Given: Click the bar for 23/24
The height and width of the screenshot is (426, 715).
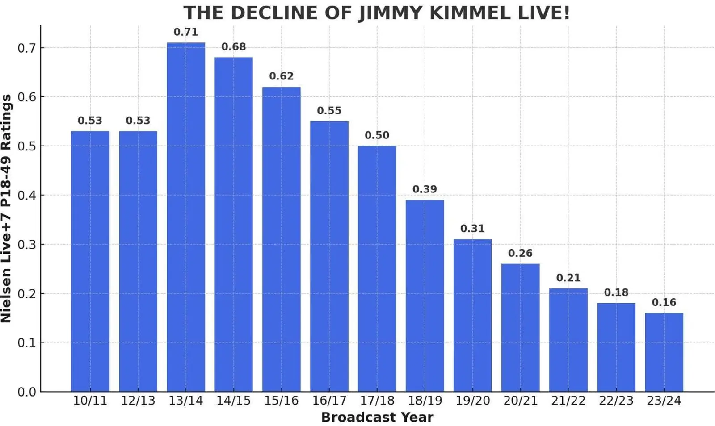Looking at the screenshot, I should click(664, 352).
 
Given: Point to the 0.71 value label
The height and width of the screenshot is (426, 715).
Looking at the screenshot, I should click(186, 32).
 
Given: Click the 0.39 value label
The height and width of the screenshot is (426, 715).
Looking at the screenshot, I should click(425, 189).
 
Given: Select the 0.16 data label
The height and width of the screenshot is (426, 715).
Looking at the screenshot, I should click(664, 302).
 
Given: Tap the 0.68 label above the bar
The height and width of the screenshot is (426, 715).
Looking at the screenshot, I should click(234, 47).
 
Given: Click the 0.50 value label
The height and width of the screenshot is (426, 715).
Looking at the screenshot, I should click(377, 135).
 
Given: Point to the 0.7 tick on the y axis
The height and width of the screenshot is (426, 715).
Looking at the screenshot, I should click(27, 48).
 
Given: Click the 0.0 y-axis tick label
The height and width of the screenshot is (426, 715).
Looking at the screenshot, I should click(27, 392).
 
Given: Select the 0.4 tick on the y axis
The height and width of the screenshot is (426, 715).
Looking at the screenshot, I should click(27, 195).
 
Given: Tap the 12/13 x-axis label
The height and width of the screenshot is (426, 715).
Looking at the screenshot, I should click(138, 401).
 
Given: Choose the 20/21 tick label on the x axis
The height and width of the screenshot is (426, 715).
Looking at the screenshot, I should click(520, 401).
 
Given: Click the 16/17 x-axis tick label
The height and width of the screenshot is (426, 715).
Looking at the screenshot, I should click(329, 401).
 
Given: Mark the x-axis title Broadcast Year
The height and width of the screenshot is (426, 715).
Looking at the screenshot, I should click(377, 418).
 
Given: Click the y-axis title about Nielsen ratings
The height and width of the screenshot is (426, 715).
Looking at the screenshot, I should click(6, 208).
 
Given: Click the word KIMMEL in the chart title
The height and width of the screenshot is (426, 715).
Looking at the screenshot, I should click(469, 13).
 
